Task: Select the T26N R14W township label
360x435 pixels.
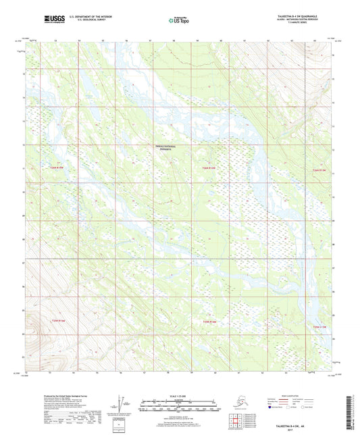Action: pos(209,168)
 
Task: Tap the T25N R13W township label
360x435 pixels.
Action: pos(319,326)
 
